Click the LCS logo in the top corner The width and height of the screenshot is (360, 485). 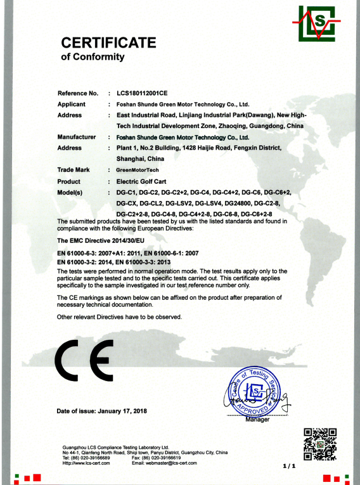(x=321, y=23)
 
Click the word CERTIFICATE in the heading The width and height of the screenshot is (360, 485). (x=108, y=43)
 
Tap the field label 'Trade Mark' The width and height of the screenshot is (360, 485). (x=74, y=170)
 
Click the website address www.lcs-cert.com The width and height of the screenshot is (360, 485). (x=91, y=463)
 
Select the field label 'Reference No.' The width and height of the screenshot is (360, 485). (x=78, y=93)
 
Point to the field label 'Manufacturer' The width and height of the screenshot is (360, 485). (x=77, y=137)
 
